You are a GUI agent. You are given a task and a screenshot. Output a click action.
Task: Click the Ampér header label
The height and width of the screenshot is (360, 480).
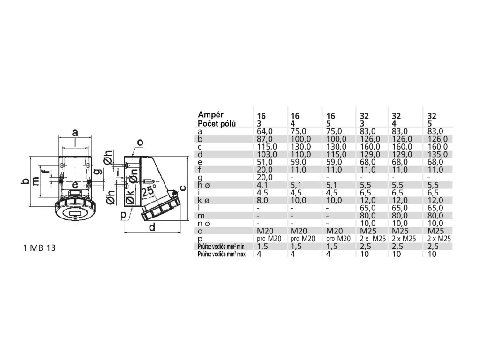(x=211, y=114)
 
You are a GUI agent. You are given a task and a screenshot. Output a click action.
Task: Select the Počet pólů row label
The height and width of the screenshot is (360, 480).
(x=217, y=123)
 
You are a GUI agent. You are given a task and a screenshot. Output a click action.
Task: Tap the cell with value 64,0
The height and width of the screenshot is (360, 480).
(x=265, y=131)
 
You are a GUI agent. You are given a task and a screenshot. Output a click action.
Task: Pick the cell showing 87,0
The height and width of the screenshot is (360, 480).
(x=265, y=139)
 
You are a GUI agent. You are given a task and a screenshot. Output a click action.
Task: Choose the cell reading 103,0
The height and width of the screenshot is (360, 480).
(x=267, y=154)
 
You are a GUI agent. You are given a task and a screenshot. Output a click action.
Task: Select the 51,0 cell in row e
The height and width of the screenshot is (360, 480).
(x=265, y=162)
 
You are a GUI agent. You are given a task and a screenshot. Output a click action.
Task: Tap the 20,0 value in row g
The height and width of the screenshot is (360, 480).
(x=265, y=177)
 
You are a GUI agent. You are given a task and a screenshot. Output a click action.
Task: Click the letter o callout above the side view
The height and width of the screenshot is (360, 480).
(x=140, y=142)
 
